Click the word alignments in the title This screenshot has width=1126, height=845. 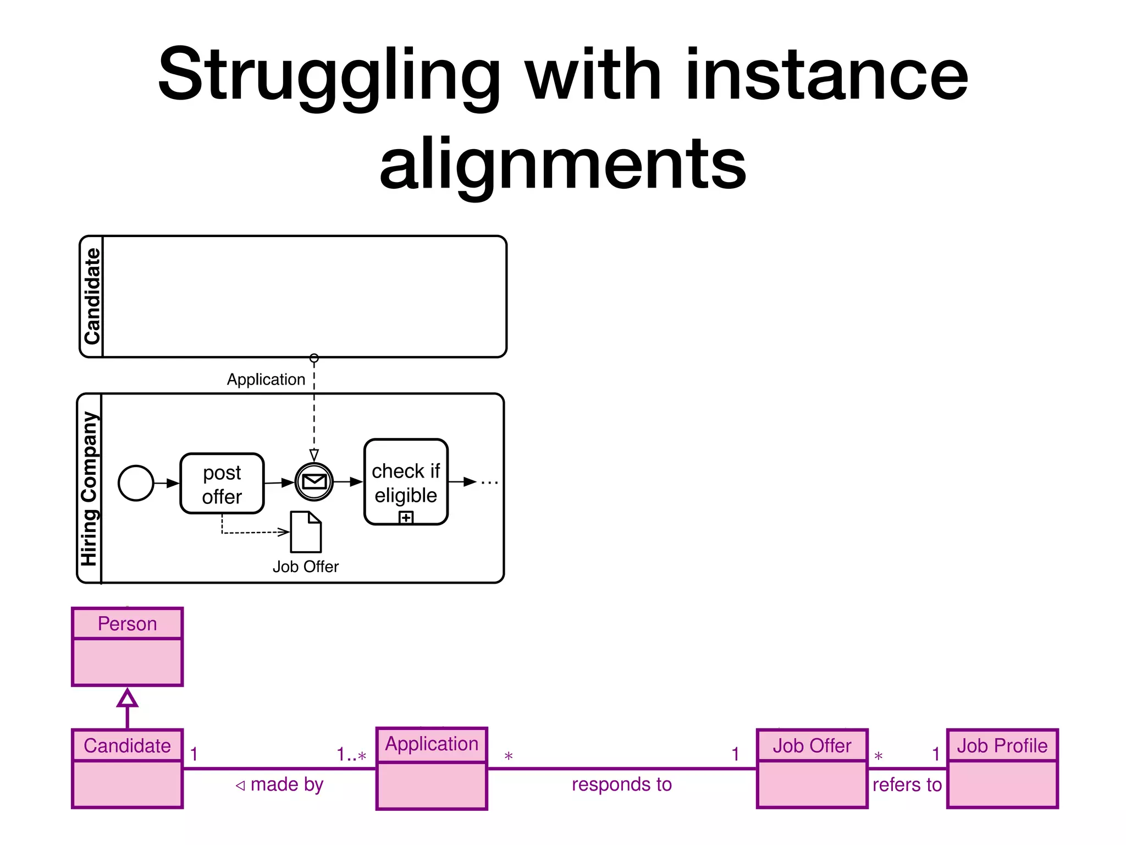(x=562, y=164)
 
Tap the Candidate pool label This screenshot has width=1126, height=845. (x=92, y=296)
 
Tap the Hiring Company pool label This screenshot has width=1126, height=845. (x=89, y=489)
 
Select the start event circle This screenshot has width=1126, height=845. (x=136, y=483)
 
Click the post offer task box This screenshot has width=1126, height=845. (x=222, y=484)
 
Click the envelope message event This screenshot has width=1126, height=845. (x=314, y=482)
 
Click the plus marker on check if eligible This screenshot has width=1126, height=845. (x=406, y=518)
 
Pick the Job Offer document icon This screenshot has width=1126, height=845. (x=306, y=532)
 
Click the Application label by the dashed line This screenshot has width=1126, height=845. (x=266, y=380)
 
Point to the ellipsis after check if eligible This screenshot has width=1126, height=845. (x=489, y=483)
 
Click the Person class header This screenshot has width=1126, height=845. (x=127, y=624)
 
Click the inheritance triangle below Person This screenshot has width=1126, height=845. (x=127, y=699)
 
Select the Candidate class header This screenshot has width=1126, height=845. (x=127, y=746)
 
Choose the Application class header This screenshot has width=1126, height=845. (x=432, y=744)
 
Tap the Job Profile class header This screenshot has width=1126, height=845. (x=1002, y=746)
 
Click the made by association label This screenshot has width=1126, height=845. (x=280, y=784)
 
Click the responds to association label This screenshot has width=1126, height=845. (x=622, y=784)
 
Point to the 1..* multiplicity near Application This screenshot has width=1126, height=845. (x=351, y=755)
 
